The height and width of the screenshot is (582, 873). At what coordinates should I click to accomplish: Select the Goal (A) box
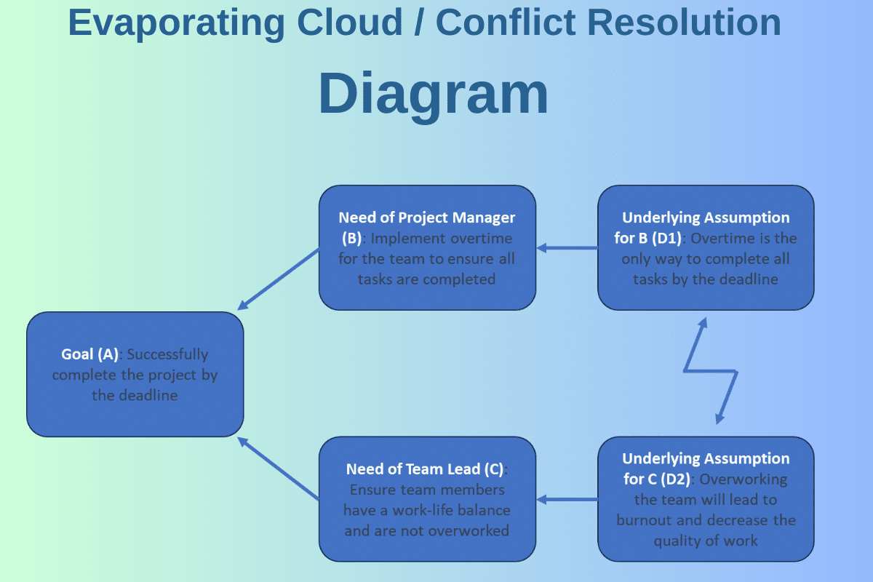135,375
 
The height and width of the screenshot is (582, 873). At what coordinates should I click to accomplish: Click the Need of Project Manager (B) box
427,248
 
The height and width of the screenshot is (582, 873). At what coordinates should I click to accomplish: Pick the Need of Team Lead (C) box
427,499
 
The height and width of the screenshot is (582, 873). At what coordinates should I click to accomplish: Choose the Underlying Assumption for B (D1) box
706,248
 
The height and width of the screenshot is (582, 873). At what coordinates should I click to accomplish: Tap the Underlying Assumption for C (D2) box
706,499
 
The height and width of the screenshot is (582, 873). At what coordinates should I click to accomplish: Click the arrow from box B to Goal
279,278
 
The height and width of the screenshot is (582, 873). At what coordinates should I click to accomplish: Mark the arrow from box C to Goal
279,469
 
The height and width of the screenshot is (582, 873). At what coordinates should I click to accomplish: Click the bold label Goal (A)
89,354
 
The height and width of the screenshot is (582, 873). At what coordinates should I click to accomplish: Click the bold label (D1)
667,238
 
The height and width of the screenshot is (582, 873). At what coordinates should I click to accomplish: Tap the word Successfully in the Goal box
167,354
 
